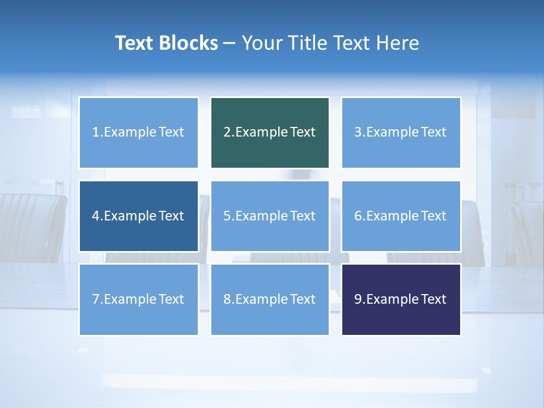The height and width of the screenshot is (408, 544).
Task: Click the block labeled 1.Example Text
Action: [x=138, y=133]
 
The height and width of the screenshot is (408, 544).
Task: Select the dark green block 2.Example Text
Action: [x=270, y=133]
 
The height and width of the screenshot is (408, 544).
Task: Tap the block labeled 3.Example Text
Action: [x=401, y=133]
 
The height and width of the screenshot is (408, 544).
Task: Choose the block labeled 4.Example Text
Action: [x=138, y=216]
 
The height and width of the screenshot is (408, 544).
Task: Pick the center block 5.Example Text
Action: [x=270, y=216]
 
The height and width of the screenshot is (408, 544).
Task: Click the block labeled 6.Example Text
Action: [x=401, y=216]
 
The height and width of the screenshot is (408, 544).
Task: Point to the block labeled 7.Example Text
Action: [x=138, y=299]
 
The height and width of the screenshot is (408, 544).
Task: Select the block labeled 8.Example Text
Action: [x=270, y=299]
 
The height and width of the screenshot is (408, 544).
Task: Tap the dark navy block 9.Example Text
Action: [x=401, y=299]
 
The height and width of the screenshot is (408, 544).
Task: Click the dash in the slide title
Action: [x=229, y=44]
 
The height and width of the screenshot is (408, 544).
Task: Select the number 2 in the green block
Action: [x=227, y=133]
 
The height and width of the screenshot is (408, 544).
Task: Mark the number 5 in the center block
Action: [x=227, y=216]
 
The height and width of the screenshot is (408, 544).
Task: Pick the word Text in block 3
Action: [x=434, y=133]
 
